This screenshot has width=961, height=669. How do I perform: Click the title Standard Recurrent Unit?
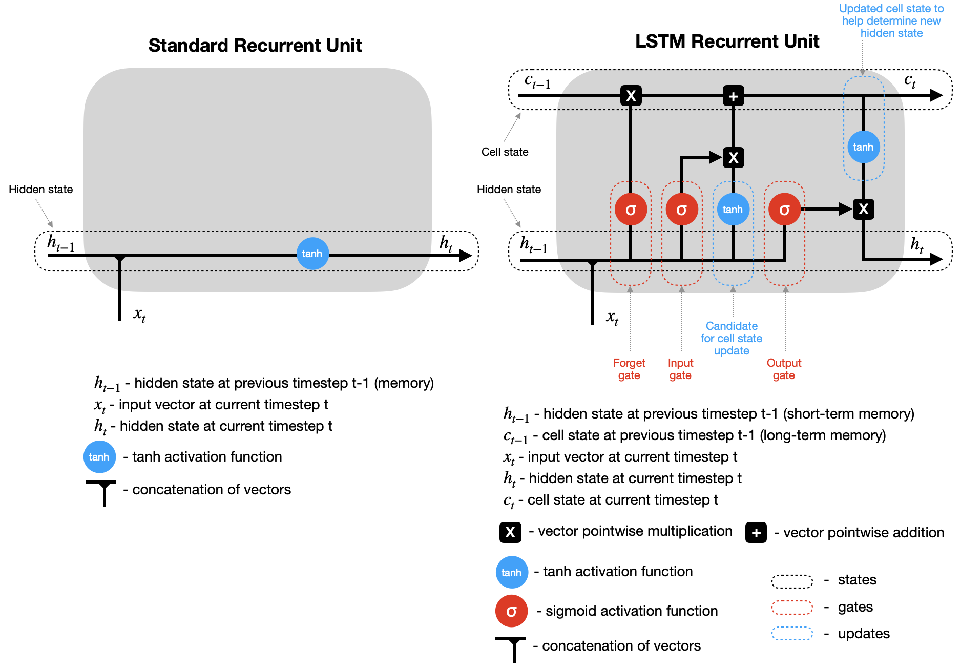click(x=255, y=46)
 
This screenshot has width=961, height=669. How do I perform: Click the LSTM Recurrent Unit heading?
click(x=727, y=41)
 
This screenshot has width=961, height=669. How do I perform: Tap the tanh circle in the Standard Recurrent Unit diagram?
click(x=312, y=254)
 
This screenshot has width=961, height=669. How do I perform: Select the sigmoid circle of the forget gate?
click(x=631, y=210)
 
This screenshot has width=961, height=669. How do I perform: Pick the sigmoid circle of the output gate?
click(x=784, y=210)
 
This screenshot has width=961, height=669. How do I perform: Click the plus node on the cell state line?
click(x=733, y=96)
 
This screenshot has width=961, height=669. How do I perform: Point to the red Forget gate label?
click(x=629, y=369)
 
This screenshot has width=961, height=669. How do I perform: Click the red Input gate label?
click(x=680, y=369)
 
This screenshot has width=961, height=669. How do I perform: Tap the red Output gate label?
click(x=784, y=369)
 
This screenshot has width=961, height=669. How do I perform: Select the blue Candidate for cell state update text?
click(x=732, y=338)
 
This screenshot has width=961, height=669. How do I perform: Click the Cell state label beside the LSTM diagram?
click(x=505, y=152)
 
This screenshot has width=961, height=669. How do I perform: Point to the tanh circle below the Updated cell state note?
click(x=863, y=147)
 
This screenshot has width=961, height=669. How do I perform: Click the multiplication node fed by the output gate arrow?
click(x=863, y=209)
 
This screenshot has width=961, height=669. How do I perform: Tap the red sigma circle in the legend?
click(x=511, y=611)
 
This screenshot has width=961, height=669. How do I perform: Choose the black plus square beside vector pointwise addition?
click(x=756, y=533)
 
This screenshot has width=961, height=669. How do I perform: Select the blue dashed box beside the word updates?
click(x=792, y=634)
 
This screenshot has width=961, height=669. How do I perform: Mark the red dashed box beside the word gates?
click(x=792, y=607)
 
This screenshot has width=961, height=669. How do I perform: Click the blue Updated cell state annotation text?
click(x=891, y=21)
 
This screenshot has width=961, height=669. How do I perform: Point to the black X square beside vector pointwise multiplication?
click(x=510, y=532)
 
